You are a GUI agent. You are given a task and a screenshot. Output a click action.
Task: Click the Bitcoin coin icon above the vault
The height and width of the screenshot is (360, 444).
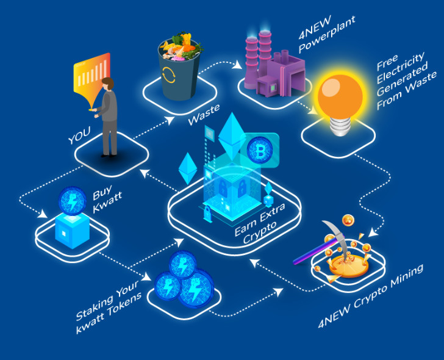pyautogui.click(x=260, y=150)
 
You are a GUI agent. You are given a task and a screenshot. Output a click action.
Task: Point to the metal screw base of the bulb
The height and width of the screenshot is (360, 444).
pyautogui.click(x=338, y=126)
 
